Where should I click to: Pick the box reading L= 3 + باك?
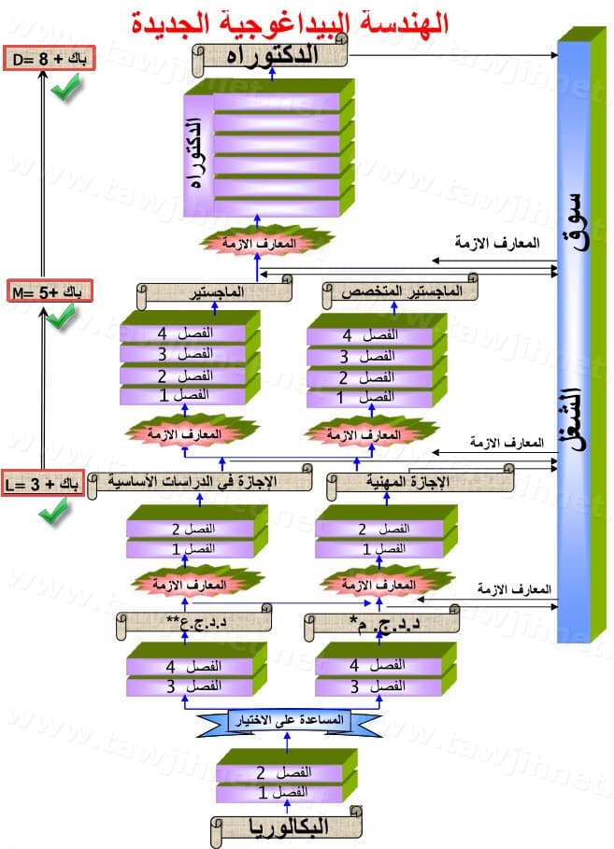44,484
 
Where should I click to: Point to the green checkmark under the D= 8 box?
64,92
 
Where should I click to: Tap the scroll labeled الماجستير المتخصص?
399,290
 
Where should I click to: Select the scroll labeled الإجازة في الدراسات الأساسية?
200,483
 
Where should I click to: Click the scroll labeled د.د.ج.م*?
383,619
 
